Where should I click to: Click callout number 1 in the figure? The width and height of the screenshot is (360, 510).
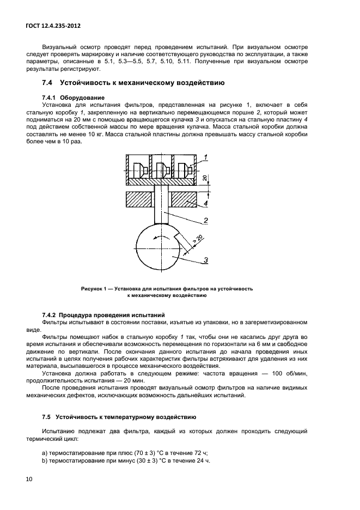[208, 157]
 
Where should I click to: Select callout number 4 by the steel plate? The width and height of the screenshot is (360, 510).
[206, 204]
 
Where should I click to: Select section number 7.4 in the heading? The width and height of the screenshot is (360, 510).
[47, 83]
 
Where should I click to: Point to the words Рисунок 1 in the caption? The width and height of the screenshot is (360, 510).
[95, 288]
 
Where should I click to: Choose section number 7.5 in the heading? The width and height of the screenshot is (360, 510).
[47, 417]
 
